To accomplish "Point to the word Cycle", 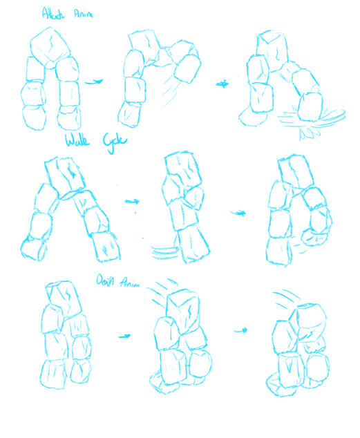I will point(112,142).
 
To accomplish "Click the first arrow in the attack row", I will point(95,82).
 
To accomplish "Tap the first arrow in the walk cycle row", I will point(132,201).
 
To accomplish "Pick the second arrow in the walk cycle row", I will point(238,213).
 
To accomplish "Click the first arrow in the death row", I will point(124,336).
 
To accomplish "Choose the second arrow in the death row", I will point(243,331).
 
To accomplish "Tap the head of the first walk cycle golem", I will point(67,173).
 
